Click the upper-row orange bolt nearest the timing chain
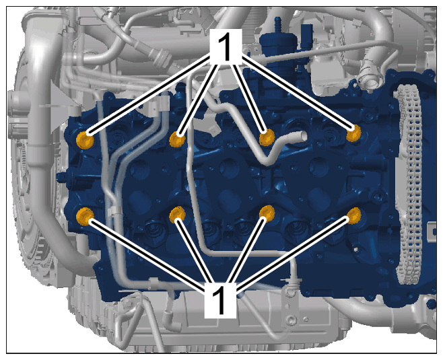[353, 133]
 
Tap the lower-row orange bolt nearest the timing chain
[354, 215]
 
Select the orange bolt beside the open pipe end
[267, 137]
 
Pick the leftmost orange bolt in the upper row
[85, 140]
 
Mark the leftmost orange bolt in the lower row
[85, 216]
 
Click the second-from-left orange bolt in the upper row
[177, 139]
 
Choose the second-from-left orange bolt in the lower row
[177, 215]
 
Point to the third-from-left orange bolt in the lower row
[267, 214]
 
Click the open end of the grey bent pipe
[302, 136]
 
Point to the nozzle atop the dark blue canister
[278, 24]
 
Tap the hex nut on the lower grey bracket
[289, 320]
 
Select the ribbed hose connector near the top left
[163, 57]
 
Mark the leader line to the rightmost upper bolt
[298, 94]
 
